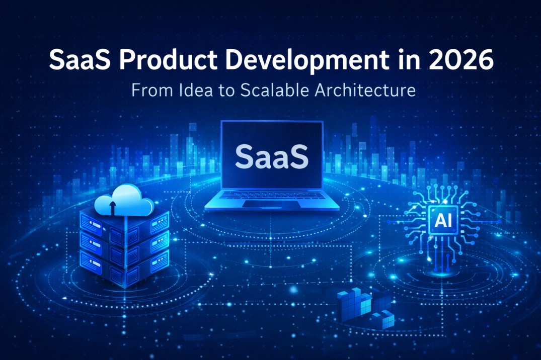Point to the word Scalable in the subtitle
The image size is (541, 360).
tap(269, 91)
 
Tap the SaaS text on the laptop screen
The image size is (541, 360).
tap(272, 156)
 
